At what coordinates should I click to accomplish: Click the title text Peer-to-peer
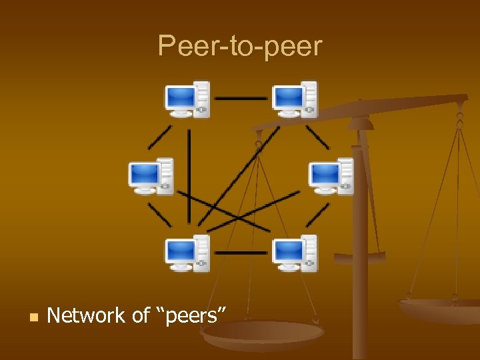coord(240,46)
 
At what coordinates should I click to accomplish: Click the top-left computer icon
coord(187,99)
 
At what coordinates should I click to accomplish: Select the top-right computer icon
coord(294,99)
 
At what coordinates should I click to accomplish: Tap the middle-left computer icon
coord(151,177)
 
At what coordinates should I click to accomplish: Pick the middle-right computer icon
coord(331,177)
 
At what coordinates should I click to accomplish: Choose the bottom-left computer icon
coord(187,253)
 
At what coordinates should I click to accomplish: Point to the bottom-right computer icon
coord(294,253)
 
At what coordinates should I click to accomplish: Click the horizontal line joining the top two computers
coord(241,99)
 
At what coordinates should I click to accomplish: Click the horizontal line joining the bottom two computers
coord(241,253)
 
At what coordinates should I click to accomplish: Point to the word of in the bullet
coord(141,315)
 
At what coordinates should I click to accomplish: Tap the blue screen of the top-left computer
coord(180,98)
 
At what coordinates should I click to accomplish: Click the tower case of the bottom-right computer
coord(308,253)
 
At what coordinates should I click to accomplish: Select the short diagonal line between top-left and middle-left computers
coord(159,137)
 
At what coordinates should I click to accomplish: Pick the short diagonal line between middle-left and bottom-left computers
coord(159,215)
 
